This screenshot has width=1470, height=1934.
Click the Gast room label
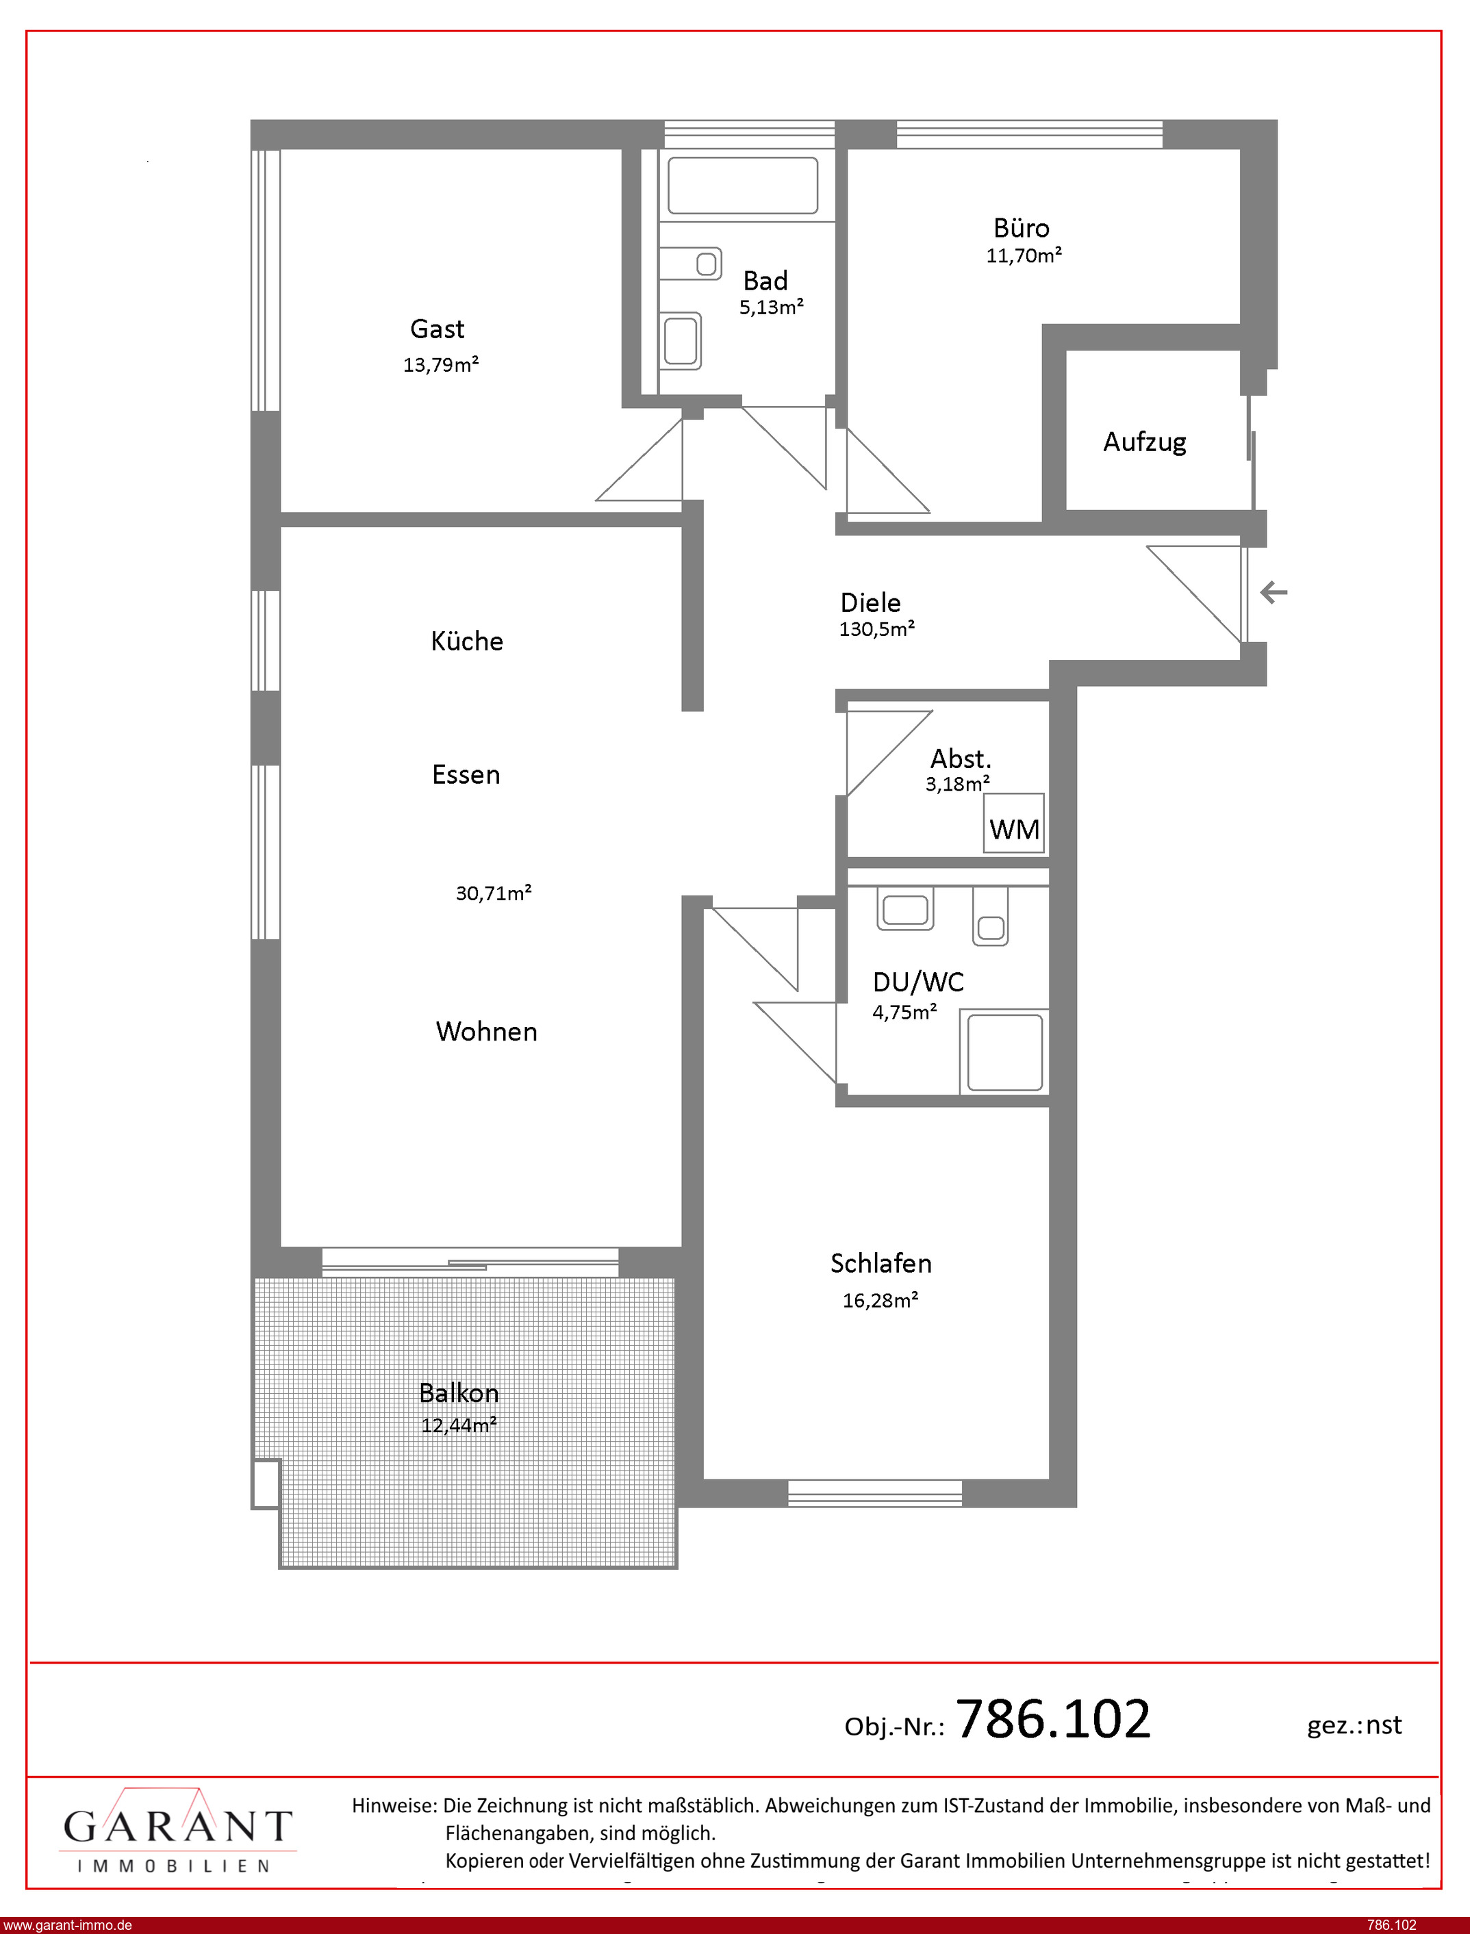(x=438, y=329)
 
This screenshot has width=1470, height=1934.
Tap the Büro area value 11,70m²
(x=1024, y=255)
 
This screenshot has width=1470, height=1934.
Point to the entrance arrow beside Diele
(x=1273, y=593)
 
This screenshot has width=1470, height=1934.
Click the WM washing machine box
(x=1014, y=823)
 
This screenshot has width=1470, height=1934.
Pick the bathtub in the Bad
(x=743, y=186)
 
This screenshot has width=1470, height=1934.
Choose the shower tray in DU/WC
(x=1004, y=1052)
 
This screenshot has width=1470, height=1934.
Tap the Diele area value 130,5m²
(x=877, y=629)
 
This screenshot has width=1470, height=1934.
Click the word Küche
(x=467, y=641)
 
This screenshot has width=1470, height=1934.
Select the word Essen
(x=466, y=775)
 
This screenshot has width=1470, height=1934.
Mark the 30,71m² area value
(x=494, y=893)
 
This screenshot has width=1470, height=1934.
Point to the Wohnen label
(x=487, y=1031)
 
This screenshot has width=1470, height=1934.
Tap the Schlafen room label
(x=881, y=1263)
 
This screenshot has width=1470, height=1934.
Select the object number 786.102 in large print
(x=1054, y=1720)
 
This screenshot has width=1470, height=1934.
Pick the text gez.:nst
(x=1354, y=1725)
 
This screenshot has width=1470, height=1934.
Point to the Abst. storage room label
(x=961, y=759)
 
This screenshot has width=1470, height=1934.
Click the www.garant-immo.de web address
(x=67, y=1925)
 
